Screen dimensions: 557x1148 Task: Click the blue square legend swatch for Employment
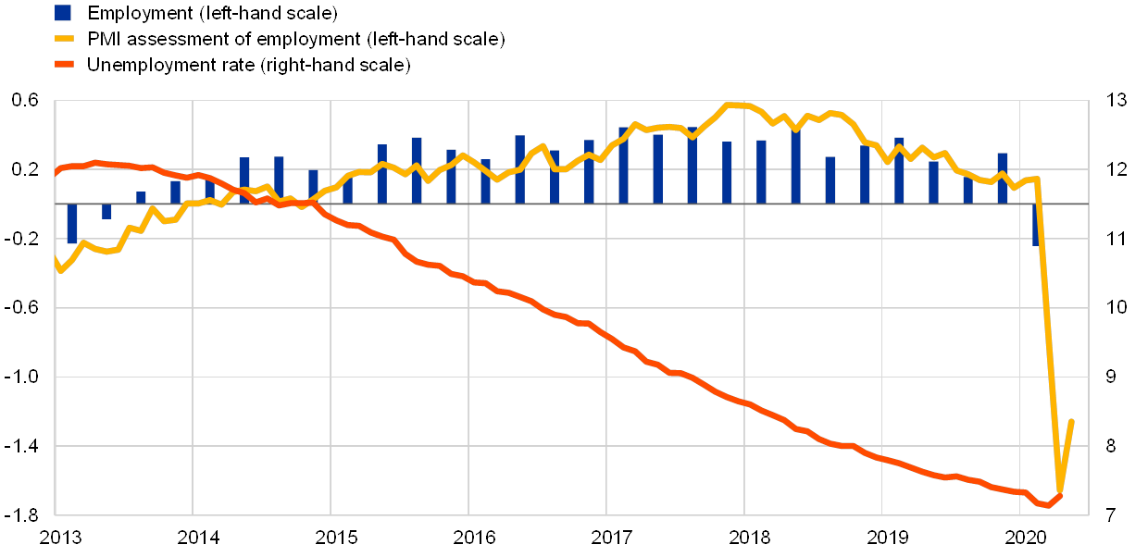(x=63, y=13)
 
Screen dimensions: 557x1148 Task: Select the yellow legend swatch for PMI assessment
(x=63, y=39)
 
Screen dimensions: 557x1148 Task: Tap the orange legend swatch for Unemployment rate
(x=63, y=65)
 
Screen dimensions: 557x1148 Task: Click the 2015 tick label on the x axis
(x=331, y=537)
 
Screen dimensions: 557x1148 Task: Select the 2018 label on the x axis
(x=745, y=537)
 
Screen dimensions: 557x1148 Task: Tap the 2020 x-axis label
(x=1021, y=537)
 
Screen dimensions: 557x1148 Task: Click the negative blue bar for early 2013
(x=72, y=224)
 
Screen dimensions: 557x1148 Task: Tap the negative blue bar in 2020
(x=1036, y=225)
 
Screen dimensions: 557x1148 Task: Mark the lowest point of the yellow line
(x=1060, y=491)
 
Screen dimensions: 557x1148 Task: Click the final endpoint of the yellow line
(x=1071, y=421)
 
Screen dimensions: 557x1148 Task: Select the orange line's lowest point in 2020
(x=1048, y=505)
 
